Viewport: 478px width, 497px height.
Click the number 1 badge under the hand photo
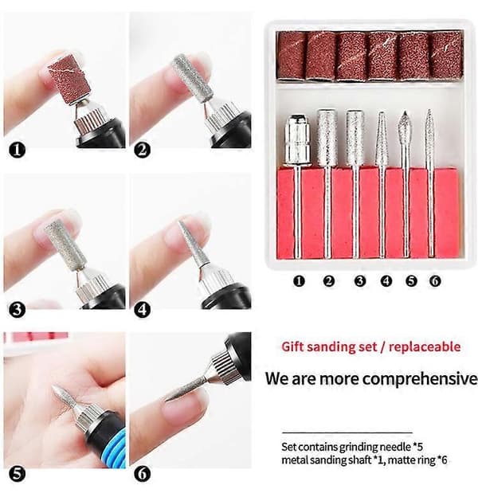17,150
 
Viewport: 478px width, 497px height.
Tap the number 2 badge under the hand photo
142,150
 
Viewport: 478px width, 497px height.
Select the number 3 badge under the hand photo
17,309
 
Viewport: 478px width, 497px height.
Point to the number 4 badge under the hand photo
142,309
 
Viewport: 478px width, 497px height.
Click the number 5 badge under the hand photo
17,474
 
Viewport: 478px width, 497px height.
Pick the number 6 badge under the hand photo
142,474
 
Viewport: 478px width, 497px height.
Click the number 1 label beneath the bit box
299,281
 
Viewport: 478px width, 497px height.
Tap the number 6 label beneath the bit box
435,281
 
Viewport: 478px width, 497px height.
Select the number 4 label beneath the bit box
386,281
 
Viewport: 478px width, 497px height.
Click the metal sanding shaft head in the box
297,140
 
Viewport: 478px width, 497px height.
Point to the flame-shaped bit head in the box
405,126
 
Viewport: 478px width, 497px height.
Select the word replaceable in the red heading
425,346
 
